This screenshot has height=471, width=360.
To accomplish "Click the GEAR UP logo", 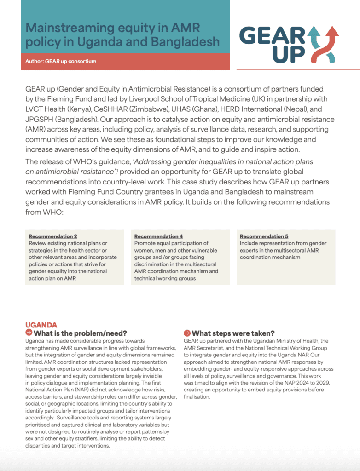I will coord(289,44).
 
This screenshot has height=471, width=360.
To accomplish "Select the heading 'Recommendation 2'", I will coord(53,236).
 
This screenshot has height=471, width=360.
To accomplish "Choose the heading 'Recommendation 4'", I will coord(158,236).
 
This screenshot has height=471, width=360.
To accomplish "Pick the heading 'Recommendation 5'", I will coord(264,236).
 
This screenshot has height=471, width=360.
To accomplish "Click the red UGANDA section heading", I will coord(41,325).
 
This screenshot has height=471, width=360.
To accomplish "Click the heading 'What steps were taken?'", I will coord(233,333).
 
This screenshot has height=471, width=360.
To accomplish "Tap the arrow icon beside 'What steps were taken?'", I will coord(187,333).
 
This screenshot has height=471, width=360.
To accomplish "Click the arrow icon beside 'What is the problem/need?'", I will coord(29,333).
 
